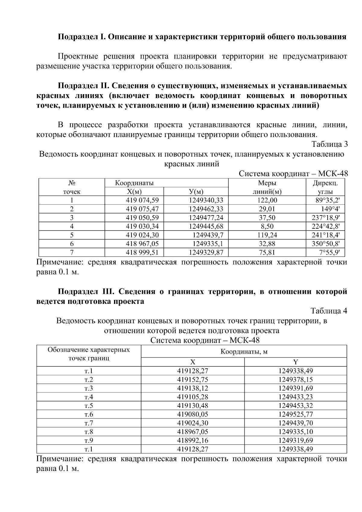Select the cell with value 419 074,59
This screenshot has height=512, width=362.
[x=142, y=200]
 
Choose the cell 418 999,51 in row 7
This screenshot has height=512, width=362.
[x=142, y=253]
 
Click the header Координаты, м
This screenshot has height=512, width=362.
[x=244, y=352]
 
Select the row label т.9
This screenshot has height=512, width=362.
[x=89, y=440]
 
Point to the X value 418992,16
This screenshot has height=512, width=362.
[x=192, y=440]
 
